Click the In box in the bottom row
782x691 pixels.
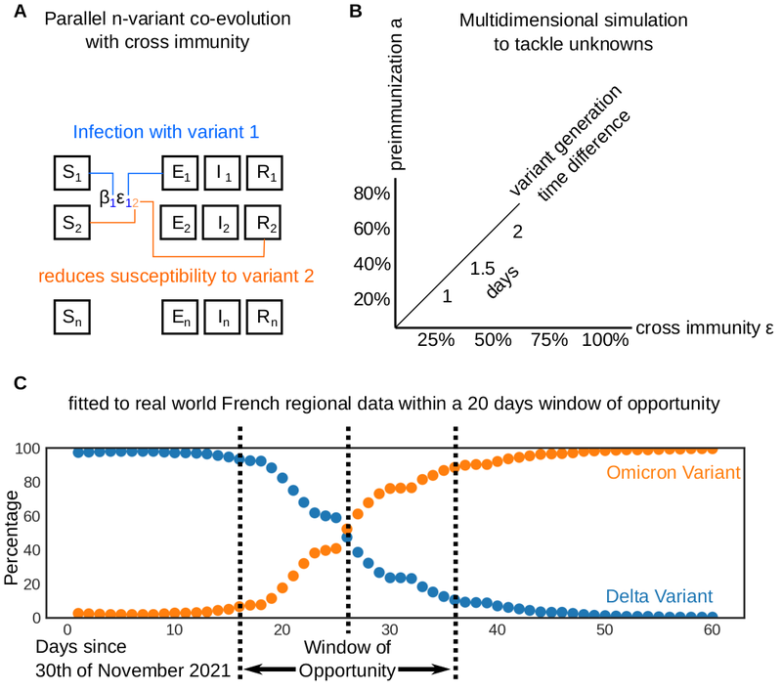(x=223, y=318)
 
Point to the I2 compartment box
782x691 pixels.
(x=223, y=222)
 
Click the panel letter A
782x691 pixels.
(x=10, y=13)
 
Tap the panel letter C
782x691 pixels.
(x=10, y=380)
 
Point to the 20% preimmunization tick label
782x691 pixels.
(x=371, y=299)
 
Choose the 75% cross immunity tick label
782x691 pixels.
(x=548, y=340)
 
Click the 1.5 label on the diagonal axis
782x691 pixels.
(x=481, y=267)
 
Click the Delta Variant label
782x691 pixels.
(x=658, y=594)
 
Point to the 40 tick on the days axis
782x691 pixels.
(x=497, y=631)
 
